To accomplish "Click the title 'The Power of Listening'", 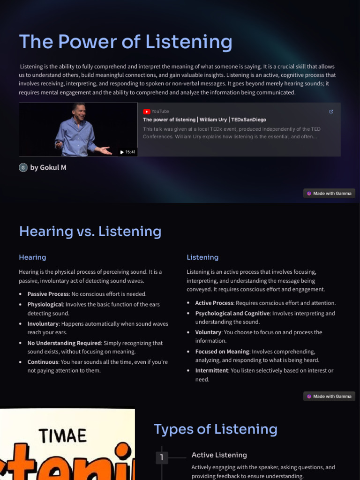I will pos(125,42).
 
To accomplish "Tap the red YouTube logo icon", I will pos(147,112).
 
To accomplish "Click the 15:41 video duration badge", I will pos(127,152).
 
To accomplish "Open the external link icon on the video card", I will pos(331,112).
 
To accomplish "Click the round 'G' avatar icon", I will pos(23,167).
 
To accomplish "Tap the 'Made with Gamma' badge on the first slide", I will pos(329,193).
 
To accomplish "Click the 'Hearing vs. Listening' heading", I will pos(90,231).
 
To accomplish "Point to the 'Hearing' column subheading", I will pos(32,257).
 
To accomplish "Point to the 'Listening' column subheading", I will pos(202,257).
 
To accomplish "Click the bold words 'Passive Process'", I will pos(48,294).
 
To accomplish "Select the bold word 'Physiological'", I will pos(45,304).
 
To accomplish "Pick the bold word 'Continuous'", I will pos(43,362).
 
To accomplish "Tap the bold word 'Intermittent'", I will pos(212,370).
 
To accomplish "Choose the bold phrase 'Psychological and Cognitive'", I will pos(232,313).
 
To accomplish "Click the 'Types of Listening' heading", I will pos(216,429).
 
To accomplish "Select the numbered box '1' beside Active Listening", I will pos(162,457).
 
